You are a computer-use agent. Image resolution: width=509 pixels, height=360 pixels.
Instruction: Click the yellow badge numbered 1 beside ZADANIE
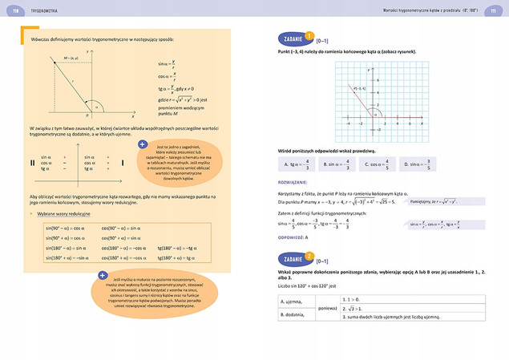[x=309, y=37]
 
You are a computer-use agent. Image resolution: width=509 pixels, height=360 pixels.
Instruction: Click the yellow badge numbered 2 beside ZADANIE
[x=309, y=235]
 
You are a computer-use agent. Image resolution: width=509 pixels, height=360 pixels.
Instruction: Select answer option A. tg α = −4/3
[x=298, y=164]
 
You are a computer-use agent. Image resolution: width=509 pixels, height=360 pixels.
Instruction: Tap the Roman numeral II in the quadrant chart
[x=32, y=163]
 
